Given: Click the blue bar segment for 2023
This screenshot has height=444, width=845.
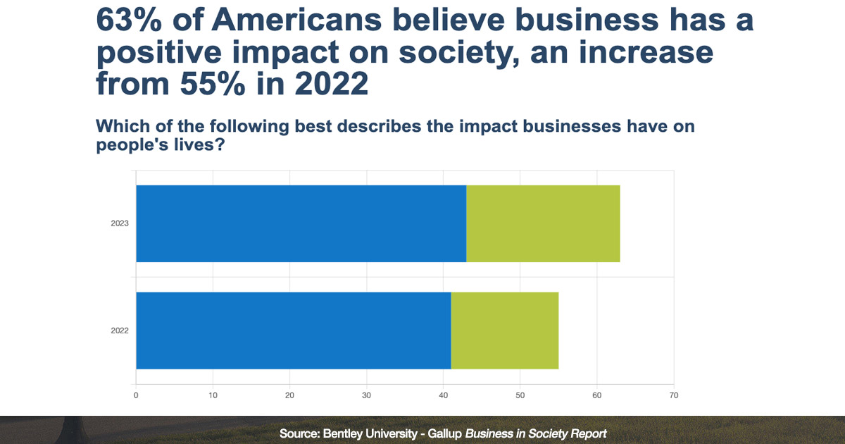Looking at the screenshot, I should click(x=301, y=223).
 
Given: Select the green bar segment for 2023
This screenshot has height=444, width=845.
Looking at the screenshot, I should click(x=543, y=223).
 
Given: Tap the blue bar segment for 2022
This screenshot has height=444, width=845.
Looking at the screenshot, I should click(x=293, y=331).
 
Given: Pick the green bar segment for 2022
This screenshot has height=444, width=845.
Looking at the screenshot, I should click(x=504, y=331).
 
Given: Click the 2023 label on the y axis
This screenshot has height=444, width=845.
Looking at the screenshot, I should click(x=119, y=224).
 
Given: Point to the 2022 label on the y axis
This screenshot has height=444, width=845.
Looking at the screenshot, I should click(x=119, y=331).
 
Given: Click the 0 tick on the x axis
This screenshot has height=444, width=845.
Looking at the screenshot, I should click(x=136, y=395).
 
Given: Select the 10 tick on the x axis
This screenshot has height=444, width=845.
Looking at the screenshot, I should click(x=213, y=395).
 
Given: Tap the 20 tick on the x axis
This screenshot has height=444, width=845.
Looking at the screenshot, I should click(x=289, y=395).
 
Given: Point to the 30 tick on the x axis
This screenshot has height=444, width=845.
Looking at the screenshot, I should click(x=366, y=395).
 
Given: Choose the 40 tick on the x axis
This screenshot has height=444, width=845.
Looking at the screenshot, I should click(x=443, y=395).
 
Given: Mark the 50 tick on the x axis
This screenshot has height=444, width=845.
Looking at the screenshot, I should click(x=520, y=395).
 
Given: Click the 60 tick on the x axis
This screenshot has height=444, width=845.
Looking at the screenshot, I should click(x=596, y=395).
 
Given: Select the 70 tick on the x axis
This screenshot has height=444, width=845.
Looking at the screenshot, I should click(x=674, y=395).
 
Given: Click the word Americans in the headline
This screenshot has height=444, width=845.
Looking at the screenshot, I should click(x=296, y=21).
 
